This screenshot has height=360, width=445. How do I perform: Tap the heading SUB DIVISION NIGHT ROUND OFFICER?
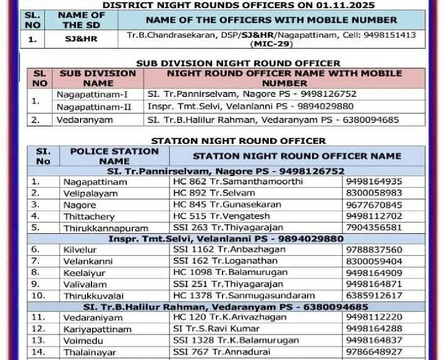tap(238, 63)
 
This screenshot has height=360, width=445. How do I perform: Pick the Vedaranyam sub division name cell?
tap(85, 120)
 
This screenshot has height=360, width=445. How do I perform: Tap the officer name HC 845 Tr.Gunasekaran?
tap(220, 205)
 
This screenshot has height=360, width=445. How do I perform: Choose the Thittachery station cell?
tap(89, 216)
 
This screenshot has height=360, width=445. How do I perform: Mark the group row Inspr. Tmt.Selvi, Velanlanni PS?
tap(226, 239)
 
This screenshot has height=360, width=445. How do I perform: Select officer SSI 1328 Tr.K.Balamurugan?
tap(232, 340)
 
